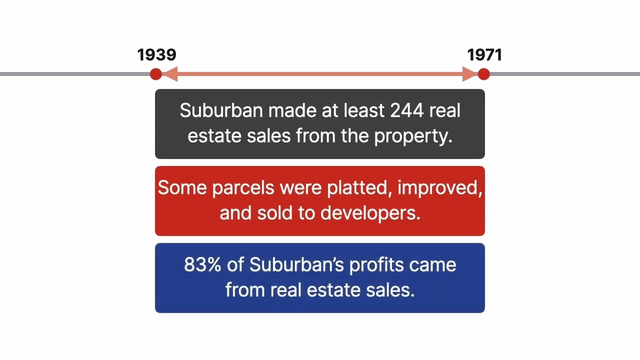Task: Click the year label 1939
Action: [156, 55]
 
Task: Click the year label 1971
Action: [484, 55]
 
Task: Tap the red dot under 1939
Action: [156, 74]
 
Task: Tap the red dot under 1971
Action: [483, 74]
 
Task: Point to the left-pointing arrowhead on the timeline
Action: [170, 74]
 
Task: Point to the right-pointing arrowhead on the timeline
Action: [469, 74]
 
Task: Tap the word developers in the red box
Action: [370, 213]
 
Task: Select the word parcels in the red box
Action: [243, 187]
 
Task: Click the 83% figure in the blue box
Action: [202, 264]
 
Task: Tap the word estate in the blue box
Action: [340, 290]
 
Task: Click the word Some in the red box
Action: [182, 187]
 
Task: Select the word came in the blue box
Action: [433, 264]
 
